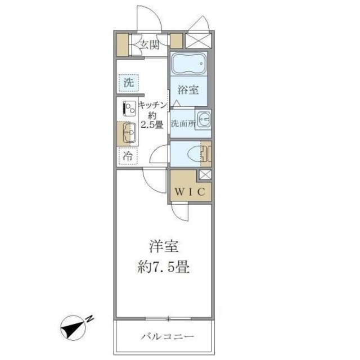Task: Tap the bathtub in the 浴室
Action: coord(188,66)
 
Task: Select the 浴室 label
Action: coord(188,89)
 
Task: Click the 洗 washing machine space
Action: coord(128,82)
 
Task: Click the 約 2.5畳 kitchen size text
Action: coord(152,120)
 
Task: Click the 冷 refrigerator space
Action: coord(128,156)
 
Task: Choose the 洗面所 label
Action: coord(182,123)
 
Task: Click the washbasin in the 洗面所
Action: coord(204,120)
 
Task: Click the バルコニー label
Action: coord(166,337)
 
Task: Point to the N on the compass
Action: coord(90,319)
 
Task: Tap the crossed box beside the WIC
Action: coord(205,174)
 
